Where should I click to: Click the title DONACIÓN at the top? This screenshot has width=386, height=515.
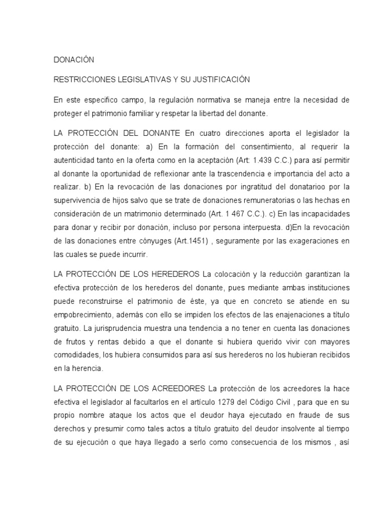[74, 60]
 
